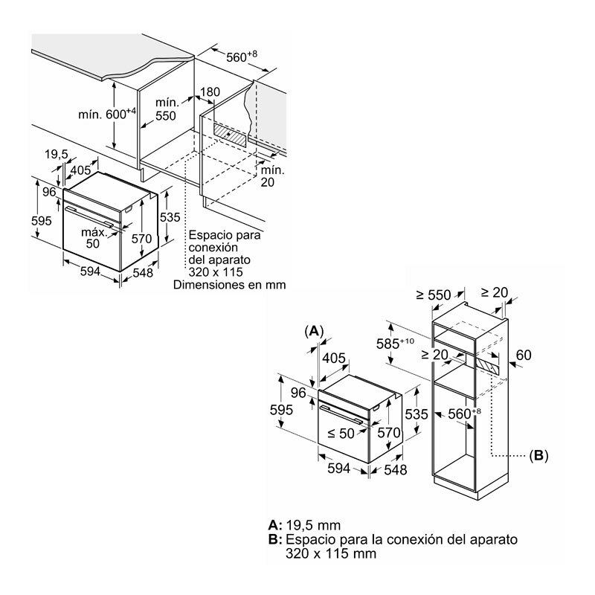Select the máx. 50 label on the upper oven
(92, 238)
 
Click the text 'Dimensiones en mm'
(229, 284)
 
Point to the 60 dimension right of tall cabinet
(524, 356)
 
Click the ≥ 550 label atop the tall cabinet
(435, 295)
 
